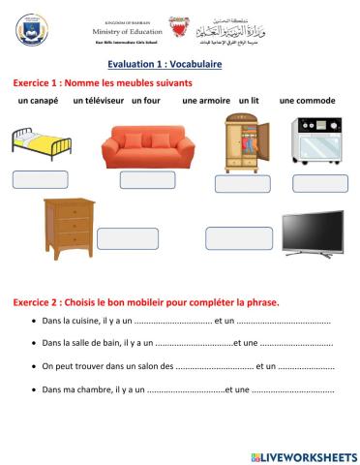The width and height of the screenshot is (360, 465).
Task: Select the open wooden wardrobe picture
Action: tap(241, 142)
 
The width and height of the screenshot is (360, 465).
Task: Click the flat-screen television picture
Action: tap(311, 233)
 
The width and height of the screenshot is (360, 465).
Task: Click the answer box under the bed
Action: tap(40, 179)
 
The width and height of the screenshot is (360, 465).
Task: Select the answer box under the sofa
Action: tap(147, 179)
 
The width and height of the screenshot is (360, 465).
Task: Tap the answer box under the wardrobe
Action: tap(242, 183)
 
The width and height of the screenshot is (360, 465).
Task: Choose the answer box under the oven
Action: tap(319, 183)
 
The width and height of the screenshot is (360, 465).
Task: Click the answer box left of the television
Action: tap(239, 238)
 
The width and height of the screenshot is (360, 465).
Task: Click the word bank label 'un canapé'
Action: tap(38, 101)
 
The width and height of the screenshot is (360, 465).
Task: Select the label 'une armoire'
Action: tap(205, 101)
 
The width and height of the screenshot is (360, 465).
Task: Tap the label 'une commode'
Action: tap(307, 101)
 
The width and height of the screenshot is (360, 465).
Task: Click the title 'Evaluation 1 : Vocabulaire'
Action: tap(180, 63)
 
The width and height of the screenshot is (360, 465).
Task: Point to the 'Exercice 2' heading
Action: tap(145, 301)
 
